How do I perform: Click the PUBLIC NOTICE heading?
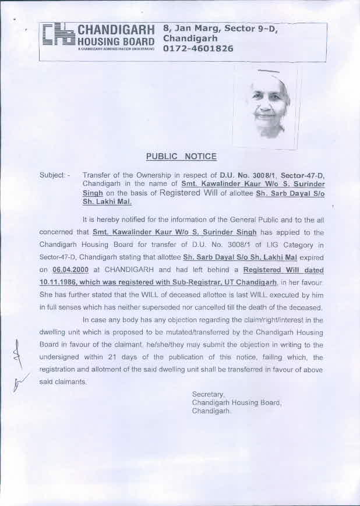click(181, 156)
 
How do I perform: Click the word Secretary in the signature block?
click(208, 394)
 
